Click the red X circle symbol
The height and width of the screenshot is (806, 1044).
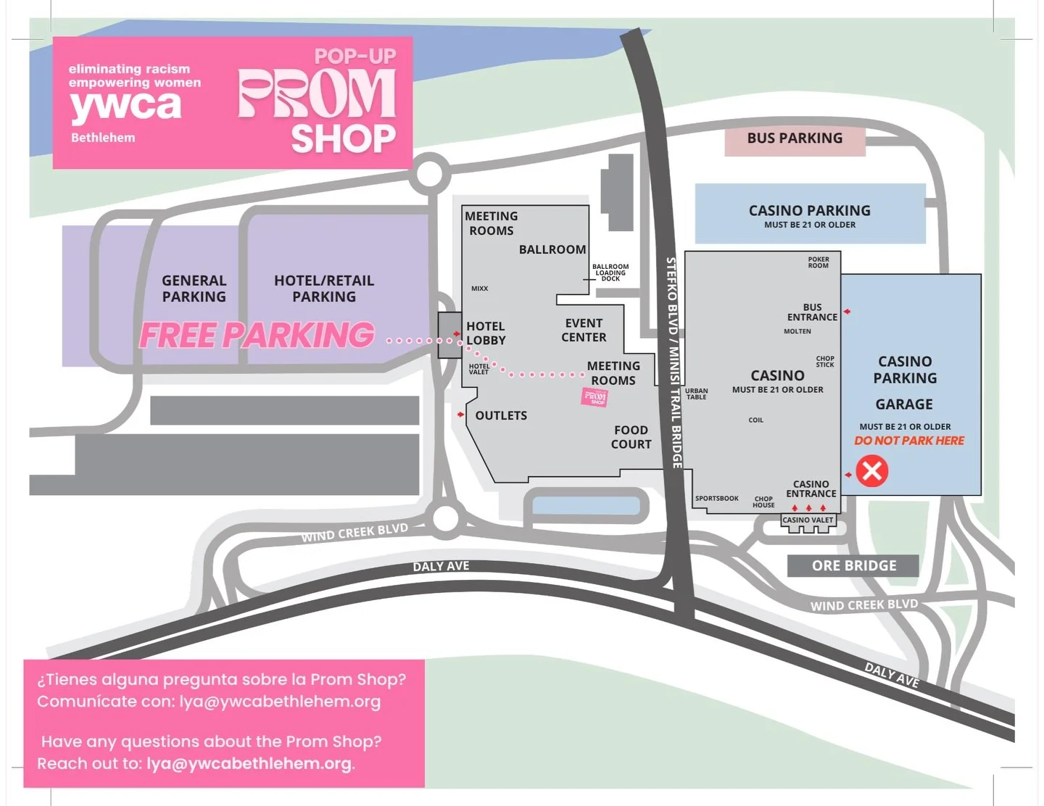[871, 471]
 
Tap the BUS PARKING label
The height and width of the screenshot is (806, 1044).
[795, 138]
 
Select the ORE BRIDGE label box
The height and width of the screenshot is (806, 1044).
[853, 565]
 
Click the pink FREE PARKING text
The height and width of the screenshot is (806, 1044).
[257, 336]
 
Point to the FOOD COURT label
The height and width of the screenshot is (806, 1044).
[631, 437]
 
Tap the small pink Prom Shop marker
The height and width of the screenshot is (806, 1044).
[595, 396]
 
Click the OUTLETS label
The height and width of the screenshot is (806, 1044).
[501, 415]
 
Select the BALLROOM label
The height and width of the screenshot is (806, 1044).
[552, 249]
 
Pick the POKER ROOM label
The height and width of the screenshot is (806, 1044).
[819, 262]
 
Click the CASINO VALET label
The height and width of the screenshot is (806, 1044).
[808, 520]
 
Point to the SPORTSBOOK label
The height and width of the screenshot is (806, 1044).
[716, 499]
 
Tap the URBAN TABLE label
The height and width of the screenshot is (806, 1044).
[697, 394]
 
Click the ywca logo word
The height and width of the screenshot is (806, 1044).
[125, 107]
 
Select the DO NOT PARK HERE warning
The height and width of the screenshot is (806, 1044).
[909, 441]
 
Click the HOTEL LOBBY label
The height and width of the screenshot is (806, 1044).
[486, 333]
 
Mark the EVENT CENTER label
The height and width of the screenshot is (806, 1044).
[584, 331]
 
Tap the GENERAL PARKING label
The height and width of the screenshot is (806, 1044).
[194, 288]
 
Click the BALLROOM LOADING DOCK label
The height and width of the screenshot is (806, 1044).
[610, 273]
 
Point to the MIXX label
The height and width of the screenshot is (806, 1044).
[479, 288]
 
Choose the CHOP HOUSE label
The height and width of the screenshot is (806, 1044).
[763, 502]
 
